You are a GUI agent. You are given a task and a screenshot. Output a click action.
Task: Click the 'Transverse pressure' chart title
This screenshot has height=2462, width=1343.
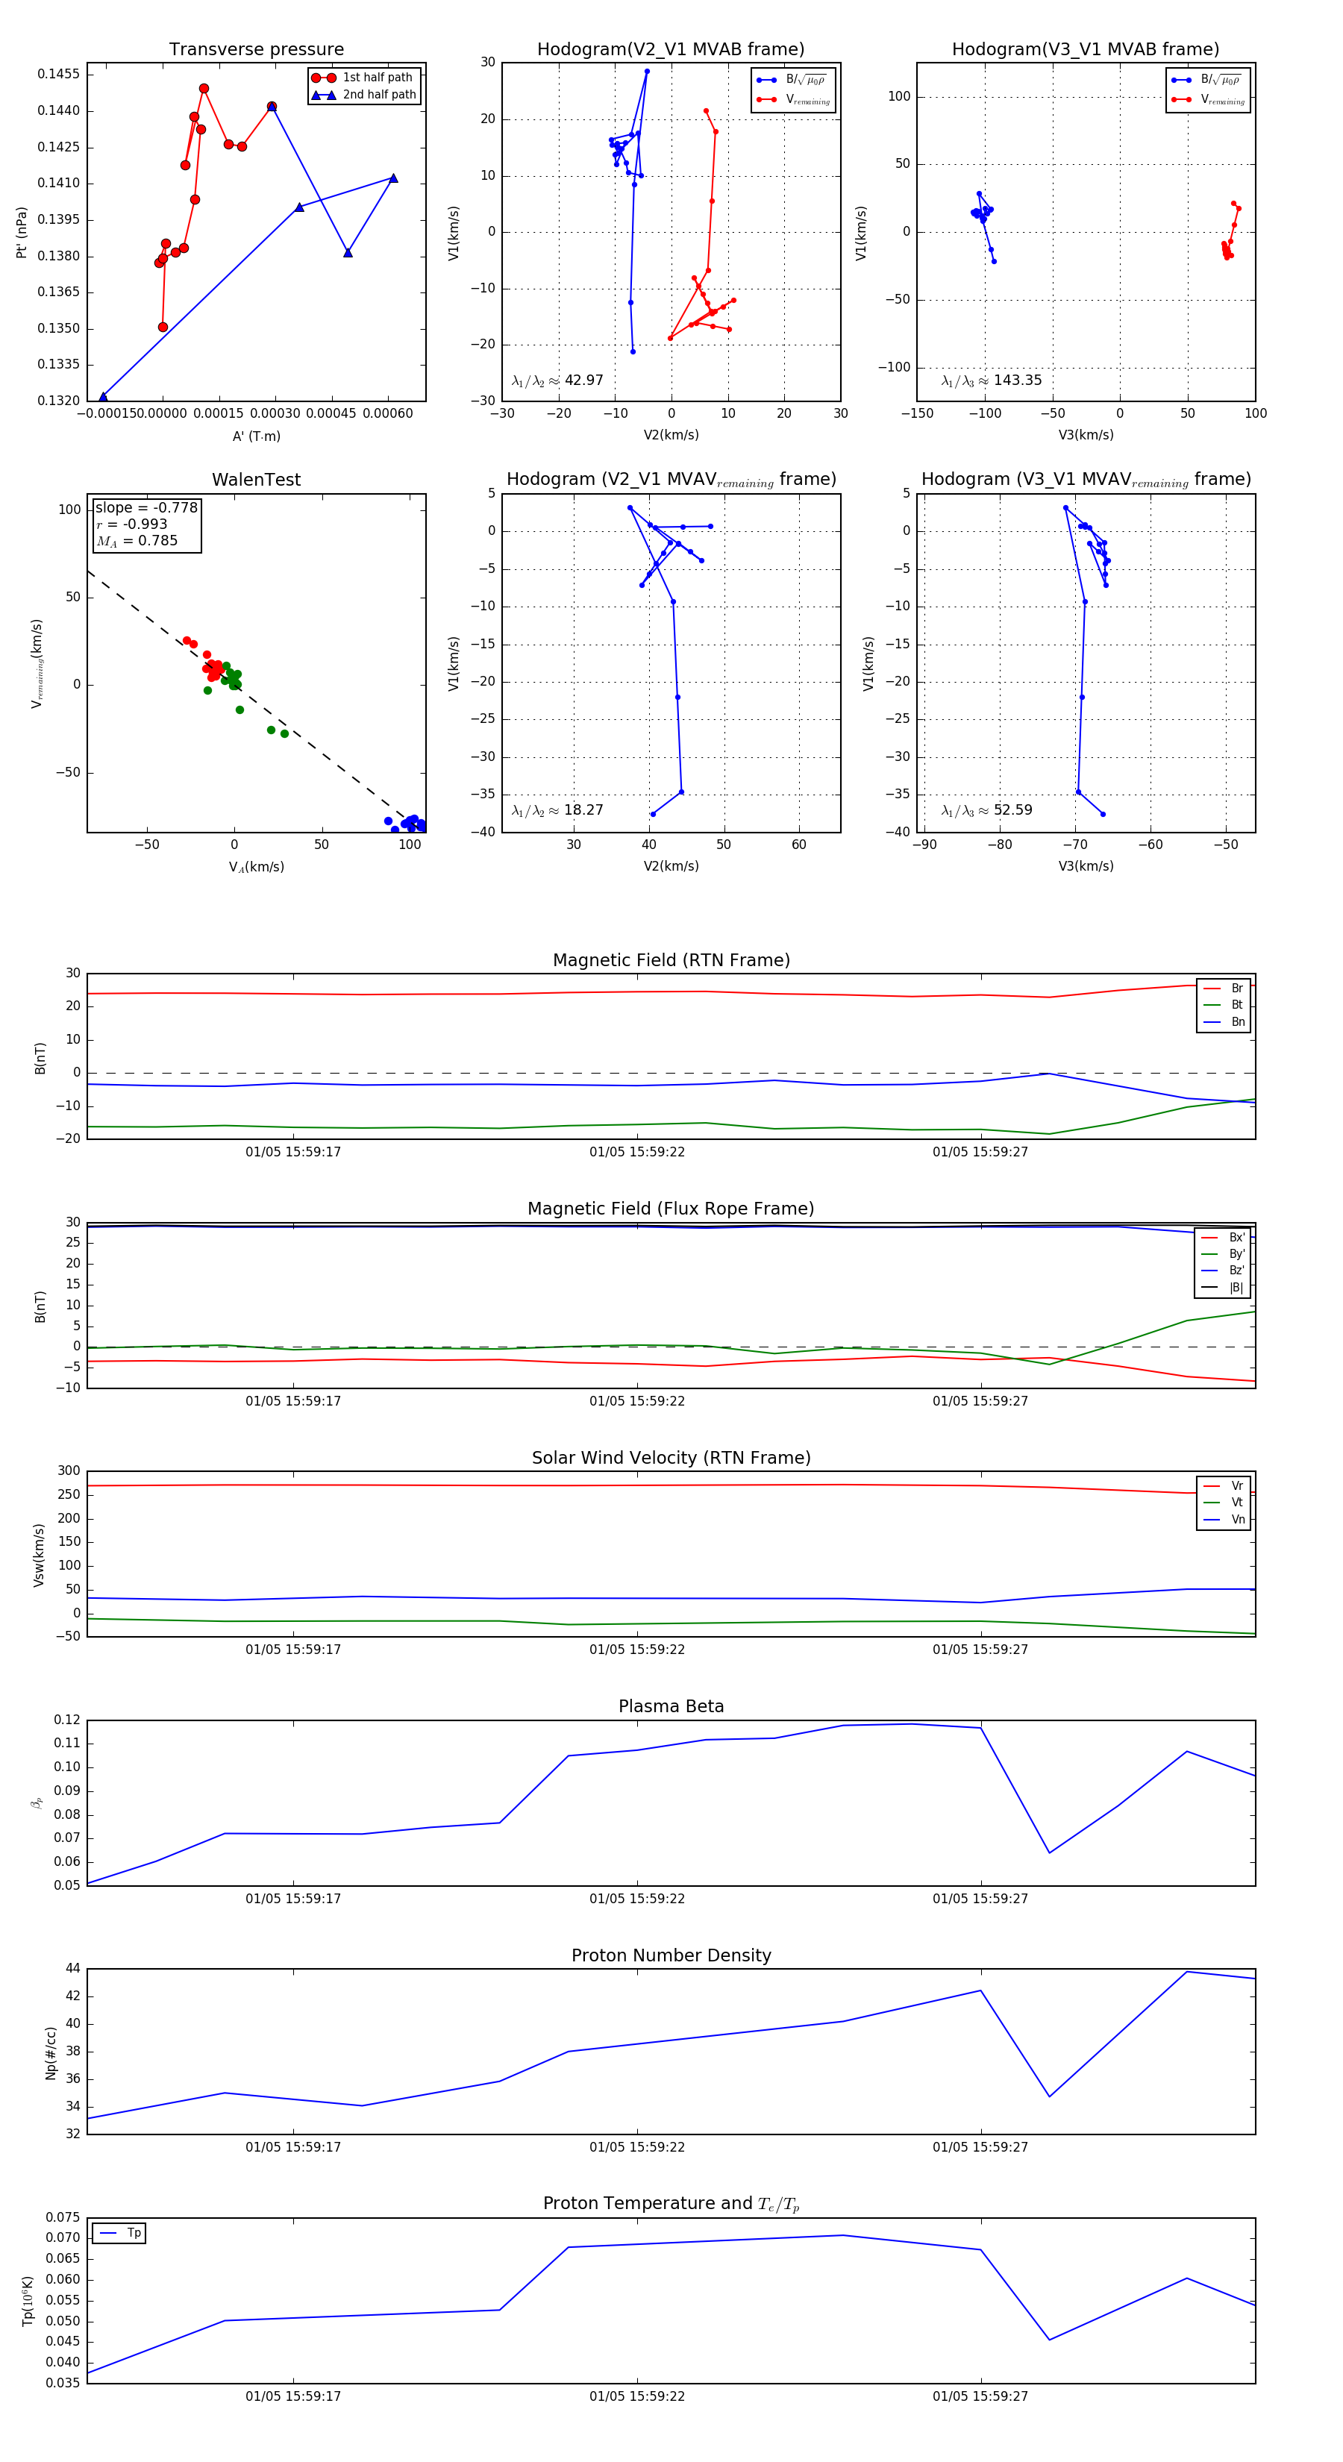tap(256, 50)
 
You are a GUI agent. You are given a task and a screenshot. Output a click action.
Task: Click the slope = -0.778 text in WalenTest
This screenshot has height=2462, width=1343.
tap(146, 507)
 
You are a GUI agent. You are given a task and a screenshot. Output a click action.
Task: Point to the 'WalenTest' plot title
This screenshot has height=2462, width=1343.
tap(256, 480)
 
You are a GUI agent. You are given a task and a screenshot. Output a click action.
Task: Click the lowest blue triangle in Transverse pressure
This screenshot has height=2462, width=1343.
tap(103, 397)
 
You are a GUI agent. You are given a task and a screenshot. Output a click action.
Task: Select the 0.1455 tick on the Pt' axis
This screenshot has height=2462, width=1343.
tap(58, 75)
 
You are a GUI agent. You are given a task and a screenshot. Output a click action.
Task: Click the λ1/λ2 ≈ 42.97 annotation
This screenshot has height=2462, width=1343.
tap(557, 380)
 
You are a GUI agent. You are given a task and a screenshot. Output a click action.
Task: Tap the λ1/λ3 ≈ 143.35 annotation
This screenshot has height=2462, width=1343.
tap(992, 380)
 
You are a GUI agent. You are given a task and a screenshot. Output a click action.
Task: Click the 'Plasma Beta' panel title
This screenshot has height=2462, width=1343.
tap(671, 1707)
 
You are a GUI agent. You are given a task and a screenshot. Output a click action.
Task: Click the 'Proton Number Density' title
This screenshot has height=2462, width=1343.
tap(671, 1955)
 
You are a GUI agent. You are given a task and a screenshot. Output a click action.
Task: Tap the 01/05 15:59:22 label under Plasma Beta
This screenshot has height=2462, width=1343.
tap(636, 1899)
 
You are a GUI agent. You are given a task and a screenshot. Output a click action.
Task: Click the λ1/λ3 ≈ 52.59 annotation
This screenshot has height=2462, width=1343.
tap(986, 810)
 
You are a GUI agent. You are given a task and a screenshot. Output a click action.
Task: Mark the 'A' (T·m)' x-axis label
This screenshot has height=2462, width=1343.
tap(256, 436)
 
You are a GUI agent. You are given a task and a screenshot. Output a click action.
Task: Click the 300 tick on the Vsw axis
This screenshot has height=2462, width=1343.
tap(69, 1471)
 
